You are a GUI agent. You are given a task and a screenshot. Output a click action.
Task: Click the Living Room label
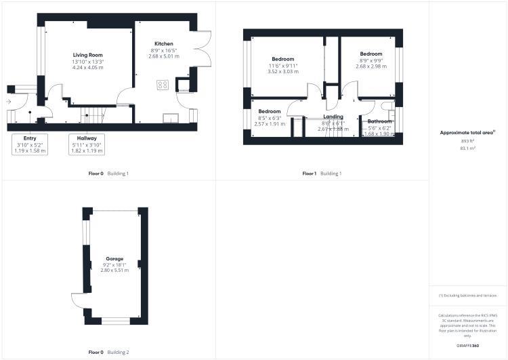click(x=88, y=55)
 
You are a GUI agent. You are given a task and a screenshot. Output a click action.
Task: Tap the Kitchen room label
click(x=164, y=43)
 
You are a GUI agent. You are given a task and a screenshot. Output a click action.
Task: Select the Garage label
click(x=114, y=259)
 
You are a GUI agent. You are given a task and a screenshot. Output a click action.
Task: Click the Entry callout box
click(x=30, y=144)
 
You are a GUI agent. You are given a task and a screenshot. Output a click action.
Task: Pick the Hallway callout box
click(x=87, y=144)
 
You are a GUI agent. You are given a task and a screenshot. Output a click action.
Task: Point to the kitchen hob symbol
click(x=163, y=85)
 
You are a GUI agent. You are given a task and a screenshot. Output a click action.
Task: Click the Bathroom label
click(x=379, y=121)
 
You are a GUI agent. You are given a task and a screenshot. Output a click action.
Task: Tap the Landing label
click(x=333, y=117)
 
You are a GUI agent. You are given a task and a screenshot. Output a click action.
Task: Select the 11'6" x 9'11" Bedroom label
click(x=283, y=59)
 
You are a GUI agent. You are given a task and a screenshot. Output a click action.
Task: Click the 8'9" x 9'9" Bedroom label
click(x=371, y=54)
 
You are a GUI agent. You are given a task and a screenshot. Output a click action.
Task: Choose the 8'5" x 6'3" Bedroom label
click(x=269, y=111)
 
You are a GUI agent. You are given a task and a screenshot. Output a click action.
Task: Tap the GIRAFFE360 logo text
click(x=467, y=346)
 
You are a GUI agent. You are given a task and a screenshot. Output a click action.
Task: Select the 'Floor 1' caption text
click(x=310, y=174)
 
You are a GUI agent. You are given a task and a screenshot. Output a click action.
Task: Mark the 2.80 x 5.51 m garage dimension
click(x=114, y=271)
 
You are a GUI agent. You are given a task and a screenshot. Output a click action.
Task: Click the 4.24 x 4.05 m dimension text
click(x=88, y=67)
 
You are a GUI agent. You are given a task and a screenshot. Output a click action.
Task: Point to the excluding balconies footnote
click(x=467, y=296)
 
